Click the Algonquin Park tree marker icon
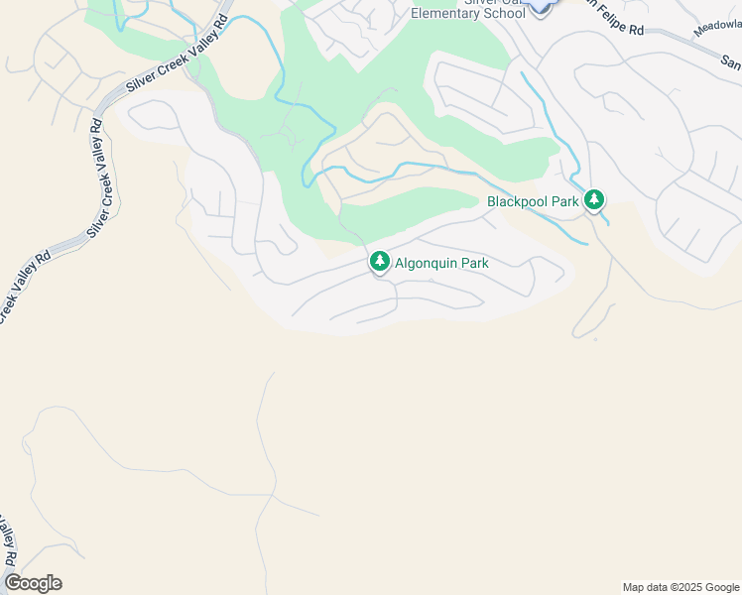(379, 261)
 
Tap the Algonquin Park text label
(441, 263)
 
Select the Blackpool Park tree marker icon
(593, 200)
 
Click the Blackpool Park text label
(533, 201)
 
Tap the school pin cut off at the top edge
(539, 6)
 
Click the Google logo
(33, 583)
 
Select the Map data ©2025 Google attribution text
(680, 587)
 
